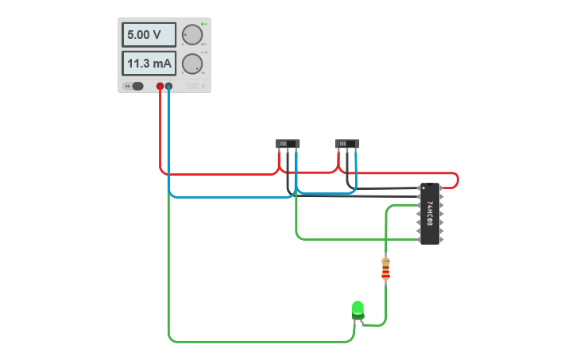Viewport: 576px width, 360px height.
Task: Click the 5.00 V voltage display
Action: (x=149, y=35)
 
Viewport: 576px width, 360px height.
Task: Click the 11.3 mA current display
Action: (x=149, y=64)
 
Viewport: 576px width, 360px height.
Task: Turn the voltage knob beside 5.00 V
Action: (x=192, y=35)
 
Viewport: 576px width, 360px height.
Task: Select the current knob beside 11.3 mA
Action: (x=192, y=64)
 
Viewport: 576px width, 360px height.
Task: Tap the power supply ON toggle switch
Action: (x=137, y=86)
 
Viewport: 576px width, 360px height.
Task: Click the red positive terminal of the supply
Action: (x=160, y=86)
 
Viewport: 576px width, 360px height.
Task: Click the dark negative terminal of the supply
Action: (x=168, y=86)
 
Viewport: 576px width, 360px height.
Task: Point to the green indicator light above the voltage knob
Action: (x=203, y=24)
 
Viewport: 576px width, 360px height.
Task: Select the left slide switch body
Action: (x=288, y=144)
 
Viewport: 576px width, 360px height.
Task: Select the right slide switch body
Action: (x=347, y=144)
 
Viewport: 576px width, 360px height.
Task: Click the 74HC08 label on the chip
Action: (x=430, y=214)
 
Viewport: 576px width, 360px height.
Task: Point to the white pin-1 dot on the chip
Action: (x=423, y=188)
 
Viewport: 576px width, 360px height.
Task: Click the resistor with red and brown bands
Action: (x=386, y=269)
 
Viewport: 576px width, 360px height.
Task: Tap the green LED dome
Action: (x=358, y=308)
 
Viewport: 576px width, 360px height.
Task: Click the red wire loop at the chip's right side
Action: (x=457, y=180)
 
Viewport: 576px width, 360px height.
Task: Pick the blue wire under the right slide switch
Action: (x=356, y=171)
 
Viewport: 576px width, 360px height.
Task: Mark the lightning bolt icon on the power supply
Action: (x=203, y=86)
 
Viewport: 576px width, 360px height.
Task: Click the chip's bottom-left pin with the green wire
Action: (x=419, y=238)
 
